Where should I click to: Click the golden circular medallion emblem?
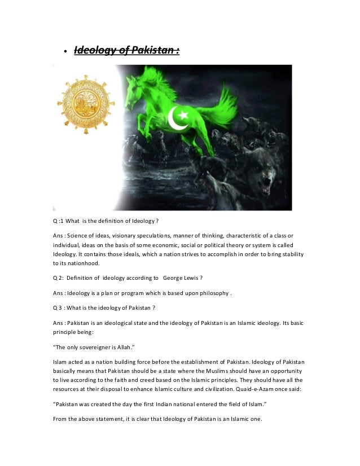click(x=85, y=105)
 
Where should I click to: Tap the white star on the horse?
click(x=186, y=112)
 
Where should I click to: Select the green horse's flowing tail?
click(x=223, y=107)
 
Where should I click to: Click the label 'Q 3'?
click(x=59, y=307)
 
